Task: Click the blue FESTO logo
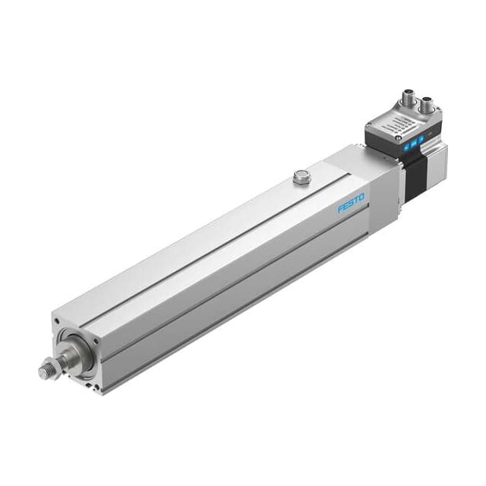(x=351, y=204)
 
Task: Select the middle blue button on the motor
(x=413, y=142)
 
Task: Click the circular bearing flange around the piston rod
(x=79, y=353)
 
